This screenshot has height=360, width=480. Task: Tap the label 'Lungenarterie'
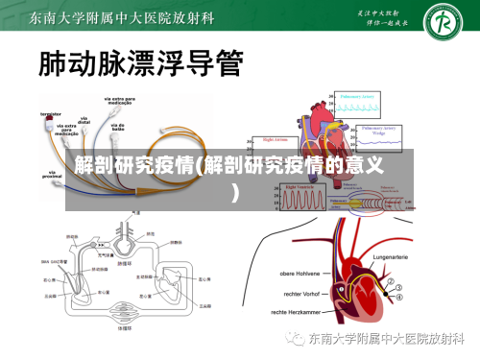point(397,258)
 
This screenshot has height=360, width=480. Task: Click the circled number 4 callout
point(401,297)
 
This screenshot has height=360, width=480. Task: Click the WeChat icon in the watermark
point(289,339)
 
